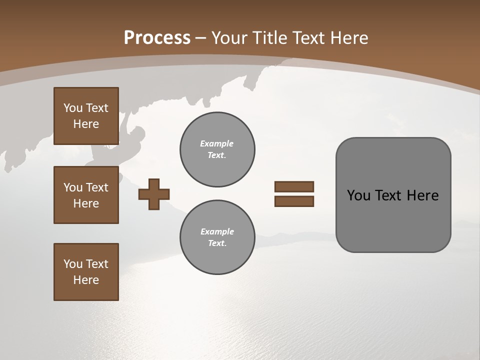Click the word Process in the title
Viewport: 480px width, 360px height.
pos(157,38)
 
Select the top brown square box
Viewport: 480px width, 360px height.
pos(86,116)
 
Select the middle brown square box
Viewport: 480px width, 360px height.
pos(86,195)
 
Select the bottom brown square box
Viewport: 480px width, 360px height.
pos(86,272)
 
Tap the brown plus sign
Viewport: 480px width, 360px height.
pos(154,193)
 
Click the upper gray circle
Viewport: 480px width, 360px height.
pos(217,149)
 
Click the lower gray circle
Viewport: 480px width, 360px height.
pos(217,237)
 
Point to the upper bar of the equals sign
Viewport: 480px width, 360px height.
pos(294,186)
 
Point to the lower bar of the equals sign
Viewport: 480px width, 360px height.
pos(294,201)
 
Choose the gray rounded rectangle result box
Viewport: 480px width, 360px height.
pos(393,195)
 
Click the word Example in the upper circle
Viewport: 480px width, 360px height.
pos(217,144)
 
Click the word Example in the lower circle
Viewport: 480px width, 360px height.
pos(217,232)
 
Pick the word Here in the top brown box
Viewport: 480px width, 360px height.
pos(86,124)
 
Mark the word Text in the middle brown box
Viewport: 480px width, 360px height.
pos(96,187)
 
